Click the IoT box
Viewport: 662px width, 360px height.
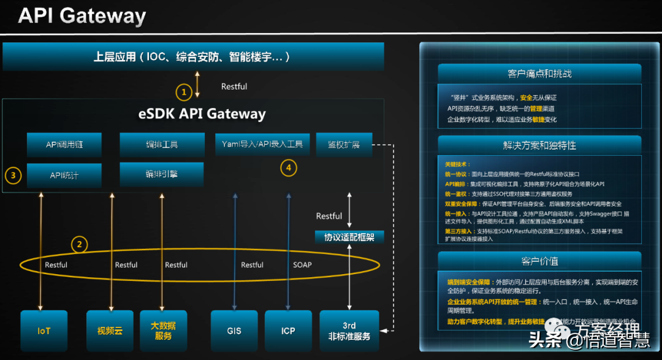click(44, 331)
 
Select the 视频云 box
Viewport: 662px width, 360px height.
click(110, 331)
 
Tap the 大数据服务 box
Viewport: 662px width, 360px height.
click(162, 331)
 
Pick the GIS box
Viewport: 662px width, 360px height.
click(234, 331)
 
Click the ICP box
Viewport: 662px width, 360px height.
click(288, 331)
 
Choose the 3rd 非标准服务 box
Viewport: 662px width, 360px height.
click(349, 331)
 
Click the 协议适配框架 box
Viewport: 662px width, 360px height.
click(349, 237)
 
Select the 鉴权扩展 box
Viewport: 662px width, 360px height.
click(343, 145)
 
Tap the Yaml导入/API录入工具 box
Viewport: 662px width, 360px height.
click(262, 145)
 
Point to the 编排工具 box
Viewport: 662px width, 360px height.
click(162, 145)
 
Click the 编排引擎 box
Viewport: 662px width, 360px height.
click(162, 174)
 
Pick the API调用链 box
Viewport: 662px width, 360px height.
click(64, 145)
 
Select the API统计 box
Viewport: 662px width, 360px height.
click(64, 175)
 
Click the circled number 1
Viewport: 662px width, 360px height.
click(183, 93)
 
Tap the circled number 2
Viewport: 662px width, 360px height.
click(78, 245)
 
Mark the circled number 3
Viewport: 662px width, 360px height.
click(13, 175)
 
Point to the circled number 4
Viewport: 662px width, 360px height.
click(288, 166)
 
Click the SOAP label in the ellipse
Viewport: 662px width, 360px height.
click(302, 265)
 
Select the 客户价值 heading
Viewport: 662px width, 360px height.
click(539, 261)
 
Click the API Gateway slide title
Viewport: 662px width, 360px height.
click(82, 16)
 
